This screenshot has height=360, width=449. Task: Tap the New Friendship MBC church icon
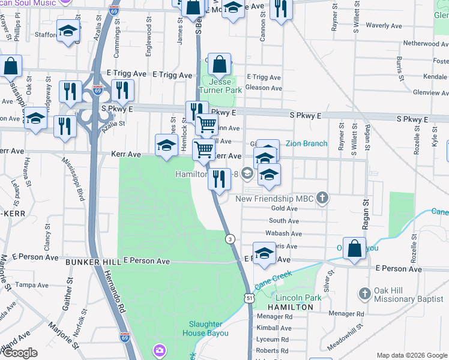(322, 199)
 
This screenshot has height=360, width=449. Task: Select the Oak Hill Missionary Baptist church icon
(364, 294)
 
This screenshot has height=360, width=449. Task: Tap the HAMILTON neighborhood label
(291, 307)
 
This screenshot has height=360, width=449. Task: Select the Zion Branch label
(306, 143)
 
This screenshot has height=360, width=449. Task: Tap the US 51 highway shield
(249, 298)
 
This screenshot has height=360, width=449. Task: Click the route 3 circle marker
(230, 239)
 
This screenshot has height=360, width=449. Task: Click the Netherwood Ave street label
(425, 43)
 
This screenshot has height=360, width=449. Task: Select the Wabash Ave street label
(283, 233)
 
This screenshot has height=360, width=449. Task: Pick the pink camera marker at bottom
(160, 350)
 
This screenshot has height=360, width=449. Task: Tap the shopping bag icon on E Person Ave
(355, 250)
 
